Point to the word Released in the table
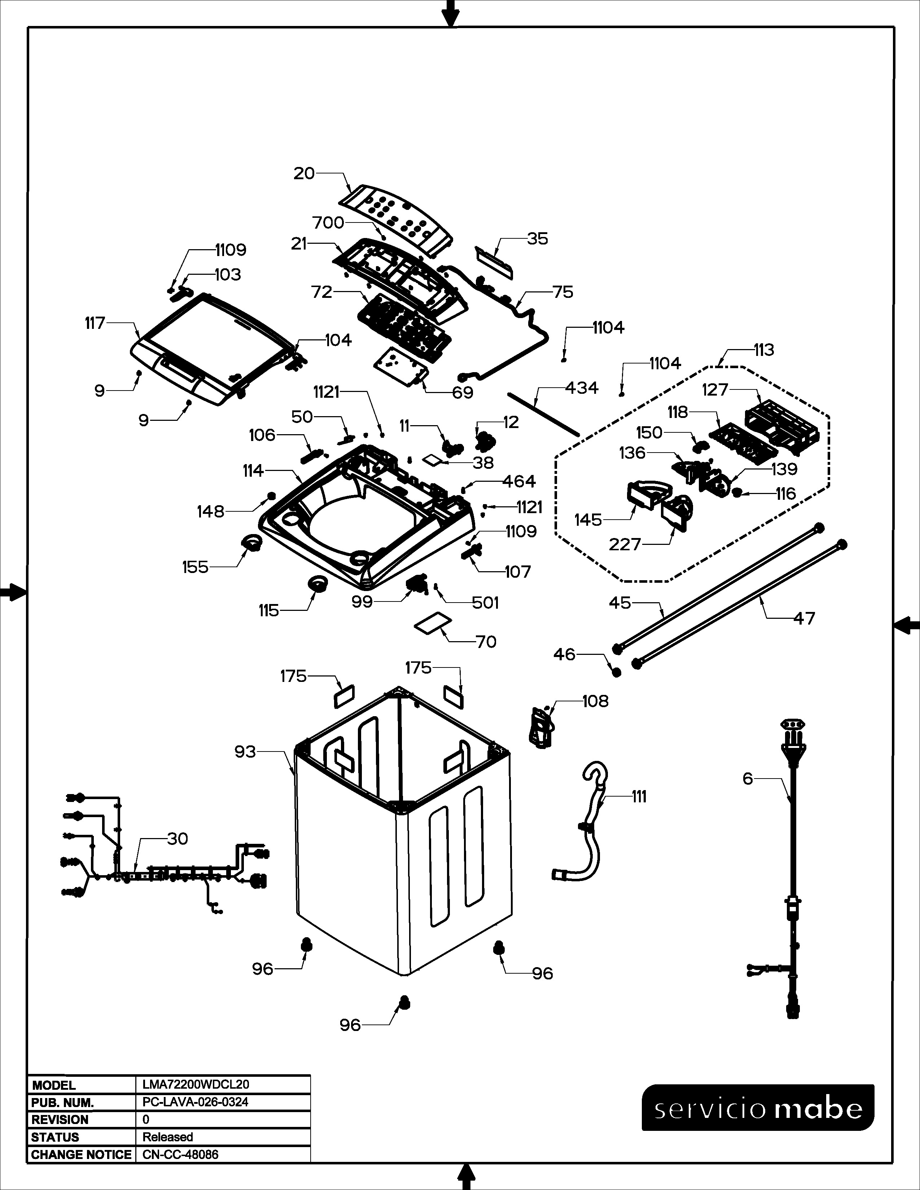tap(168, 1137)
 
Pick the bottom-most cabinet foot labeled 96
tap(404, 1002)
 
